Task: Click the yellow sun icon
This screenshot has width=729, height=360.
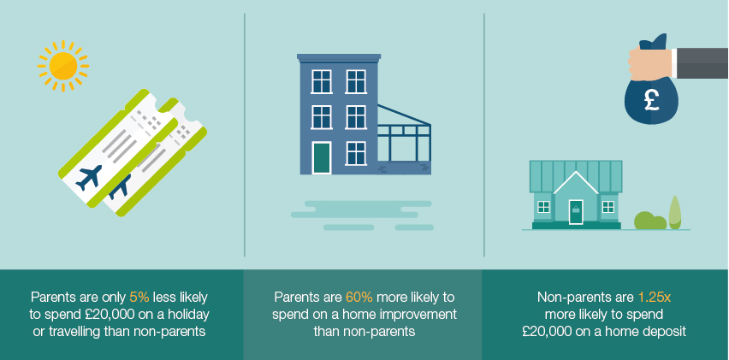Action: click(63, 66)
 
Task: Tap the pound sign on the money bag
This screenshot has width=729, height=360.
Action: click(651, 100)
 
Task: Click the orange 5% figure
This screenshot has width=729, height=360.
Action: click(139, 297)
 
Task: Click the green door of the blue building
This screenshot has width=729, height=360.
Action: click(321, 158)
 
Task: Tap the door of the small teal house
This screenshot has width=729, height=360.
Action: click(576, 212)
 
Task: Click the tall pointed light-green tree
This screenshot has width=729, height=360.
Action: click(674, 212)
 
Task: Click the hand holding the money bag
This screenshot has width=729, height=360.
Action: click(650, 63)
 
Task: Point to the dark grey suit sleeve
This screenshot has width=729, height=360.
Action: click(702, 63)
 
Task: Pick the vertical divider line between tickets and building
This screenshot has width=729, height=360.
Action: click(245, 135)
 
